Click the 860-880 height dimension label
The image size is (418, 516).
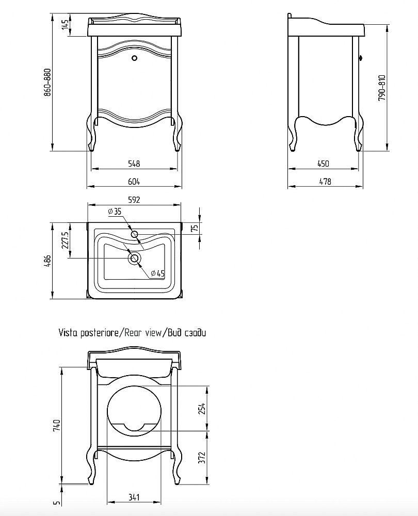47,82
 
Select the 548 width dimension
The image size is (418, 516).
134,164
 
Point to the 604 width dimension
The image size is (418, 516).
134,182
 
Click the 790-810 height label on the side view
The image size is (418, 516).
381,88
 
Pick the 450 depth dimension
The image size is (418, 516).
323,164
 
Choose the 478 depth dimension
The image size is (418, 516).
325,181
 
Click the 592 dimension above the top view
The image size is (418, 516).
134,200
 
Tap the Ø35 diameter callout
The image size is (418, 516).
115,211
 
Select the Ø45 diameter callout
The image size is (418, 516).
158,273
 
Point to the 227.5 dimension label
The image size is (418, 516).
65,240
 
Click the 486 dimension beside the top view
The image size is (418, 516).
47,261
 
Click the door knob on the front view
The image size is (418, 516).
134,58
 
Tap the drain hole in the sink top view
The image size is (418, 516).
134,259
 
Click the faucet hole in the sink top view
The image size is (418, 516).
134,234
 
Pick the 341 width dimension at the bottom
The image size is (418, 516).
134,497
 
